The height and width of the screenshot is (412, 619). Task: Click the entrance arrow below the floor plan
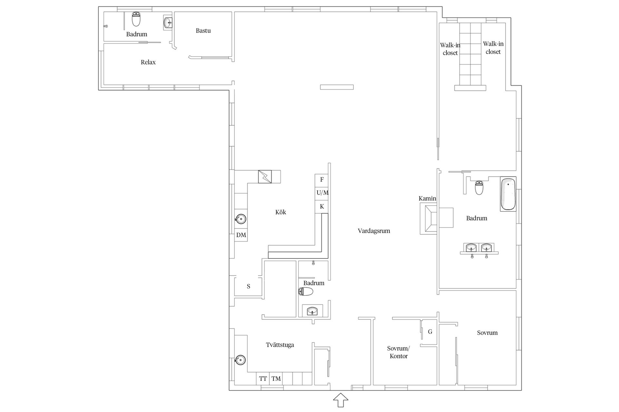coord(340,400)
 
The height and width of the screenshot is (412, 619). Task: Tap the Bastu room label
coord(203,31)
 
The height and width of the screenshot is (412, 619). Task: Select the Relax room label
coord(148,62)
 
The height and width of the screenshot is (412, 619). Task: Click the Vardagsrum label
coord(374,231)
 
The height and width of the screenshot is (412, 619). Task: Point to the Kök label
coord(280,212)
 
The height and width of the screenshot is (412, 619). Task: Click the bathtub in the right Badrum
coord(508,194)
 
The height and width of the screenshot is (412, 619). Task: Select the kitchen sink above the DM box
coord(241,219)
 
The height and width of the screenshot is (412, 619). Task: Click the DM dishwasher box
coord(241,235)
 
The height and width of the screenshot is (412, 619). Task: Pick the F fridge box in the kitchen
coord(321,180)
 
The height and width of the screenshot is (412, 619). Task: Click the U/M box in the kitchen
coord(321,193)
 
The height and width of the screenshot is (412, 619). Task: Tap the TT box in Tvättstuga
coord(263,379)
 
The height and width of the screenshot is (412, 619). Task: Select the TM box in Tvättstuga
coord(276,379)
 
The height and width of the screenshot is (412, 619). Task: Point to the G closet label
coord(430,332)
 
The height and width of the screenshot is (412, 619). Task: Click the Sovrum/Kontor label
coord(398,352)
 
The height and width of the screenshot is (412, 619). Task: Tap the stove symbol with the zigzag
coord(265,176)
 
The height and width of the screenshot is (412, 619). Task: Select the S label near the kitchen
coord(249,286)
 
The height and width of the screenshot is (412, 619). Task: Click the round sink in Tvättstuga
coord(240,360)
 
